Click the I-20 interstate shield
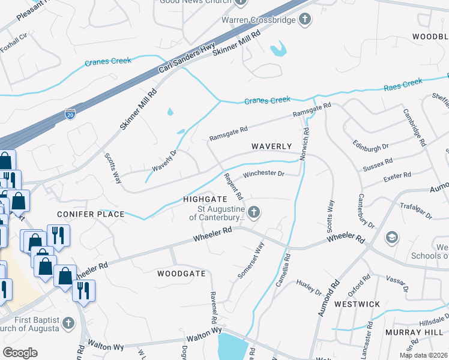pyautogui.click(x=70, y=113)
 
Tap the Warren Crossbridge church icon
pyautogui.click(x=305, y=20)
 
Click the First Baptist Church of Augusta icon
pyautogui.click(x=68, y=323)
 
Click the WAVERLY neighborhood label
pyautogui.click(x=271, y=146)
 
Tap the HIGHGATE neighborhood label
pyautogui.click(x=205, y=199)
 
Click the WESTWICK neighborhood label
pyautogui.click(x=357, y=304)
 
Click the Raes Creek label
pyautogui.click(x=403, y=84)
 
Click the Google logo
pyautogui.click(x=20, y=353)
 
